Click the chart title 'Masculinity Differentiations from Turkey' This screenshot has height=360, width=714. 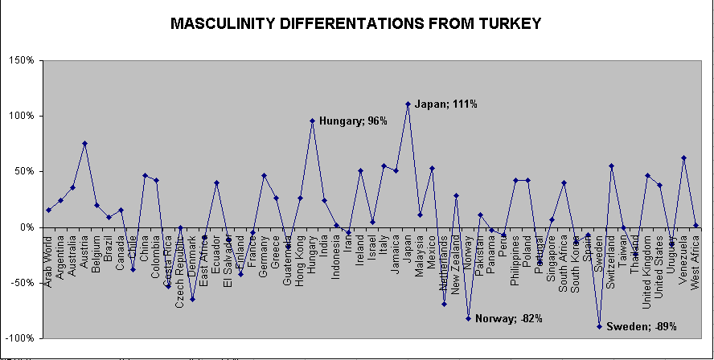click(x=356, y=23)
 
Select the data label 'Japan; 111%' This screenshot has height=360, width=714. click(x=446, y=104)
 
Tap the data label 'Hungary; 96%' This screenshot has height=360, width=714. click(x=353, y=121)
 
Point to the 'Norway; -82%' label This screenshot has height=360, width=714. click(x=508, y=319)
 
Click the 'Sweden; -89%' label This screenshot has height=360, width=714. click(x=641, y=327)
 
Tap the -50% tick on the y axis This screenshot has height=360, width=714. click(x=19, y=283)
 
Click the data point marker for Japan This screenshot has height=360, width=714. click(x=408, y=104)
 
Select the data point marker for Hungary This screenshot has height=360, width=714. click(x=312, y=121)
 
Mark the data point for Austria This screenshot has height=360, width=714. click(x=84, y=143)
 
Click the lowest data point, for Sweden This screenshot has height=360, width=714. click(x=599, y=326)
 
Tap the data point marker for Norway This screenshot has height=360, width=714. click(x=468, y=318)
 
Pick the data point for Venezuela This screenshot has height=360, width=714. click(x=683, y=158)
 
